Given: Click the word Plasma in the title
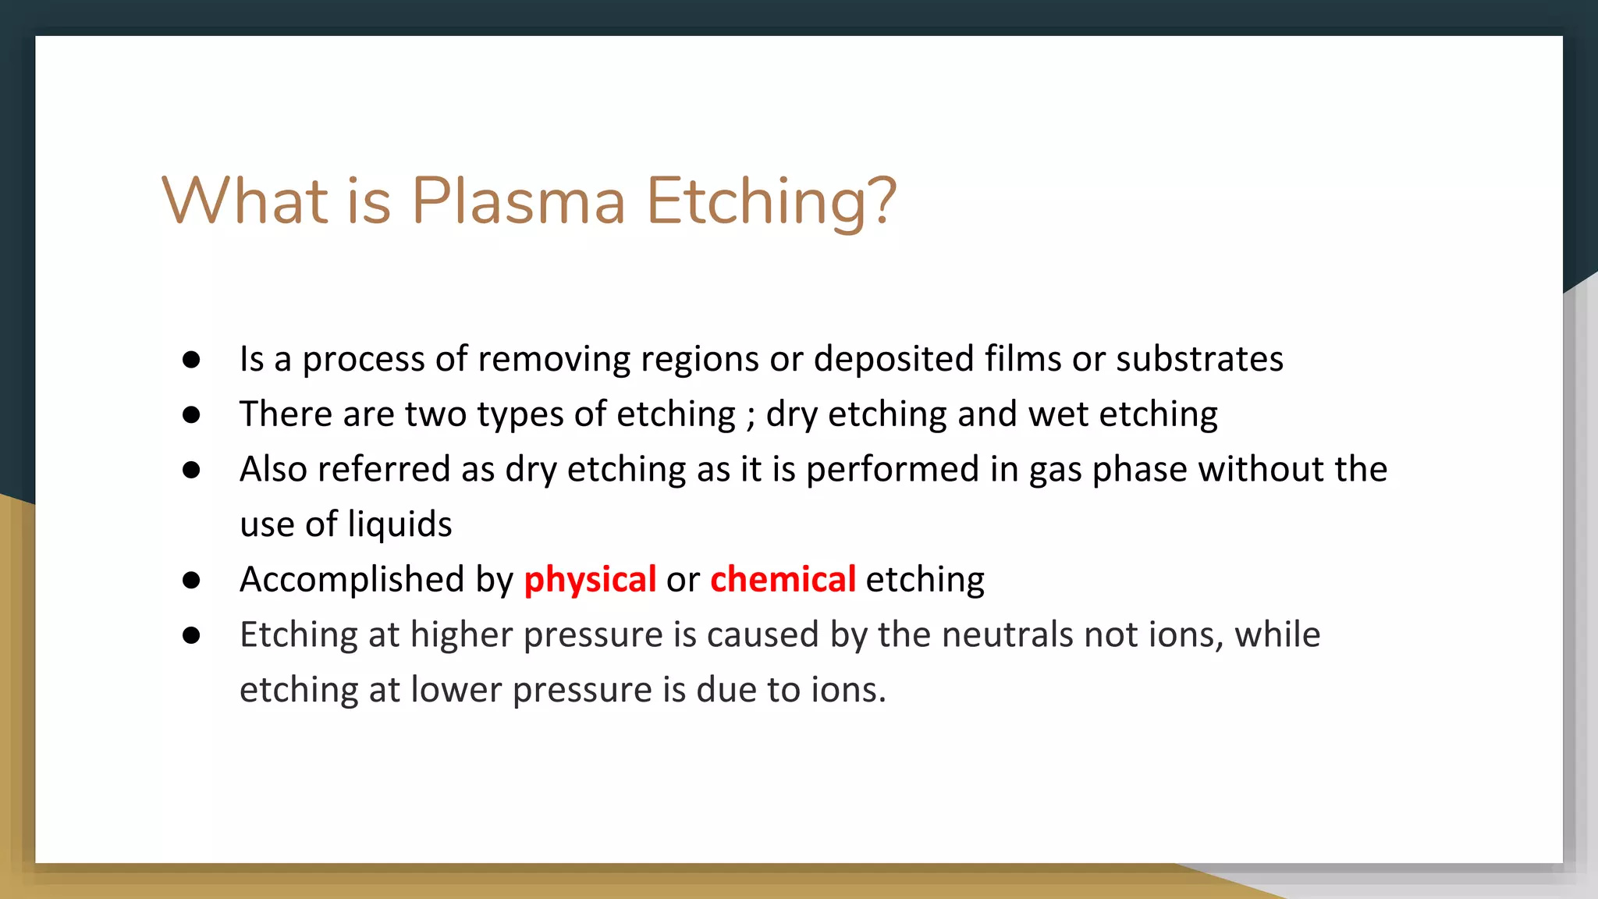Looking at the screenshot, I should (518, 201).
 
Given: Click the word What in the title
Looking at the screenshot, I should (245, 201).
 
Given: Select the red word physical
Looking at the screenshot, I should (590, 580).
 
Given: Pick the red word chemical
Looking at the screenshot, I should (783, 580).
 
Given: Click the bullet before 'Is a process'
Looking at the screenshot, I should (191, 360).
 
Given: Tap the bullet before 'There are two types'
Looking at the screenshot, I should (191, 414).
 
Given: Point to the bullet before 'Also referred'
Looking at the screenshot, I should (191, 470).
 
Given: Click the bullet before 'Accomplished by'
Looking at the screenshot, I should (191, 580).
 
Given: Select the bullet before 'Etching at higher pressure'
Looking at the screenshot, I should (191, 635).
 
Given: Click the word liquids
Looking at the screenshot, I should (399, 524).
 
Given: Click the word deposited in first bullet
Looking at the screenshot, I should (893, 360).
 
